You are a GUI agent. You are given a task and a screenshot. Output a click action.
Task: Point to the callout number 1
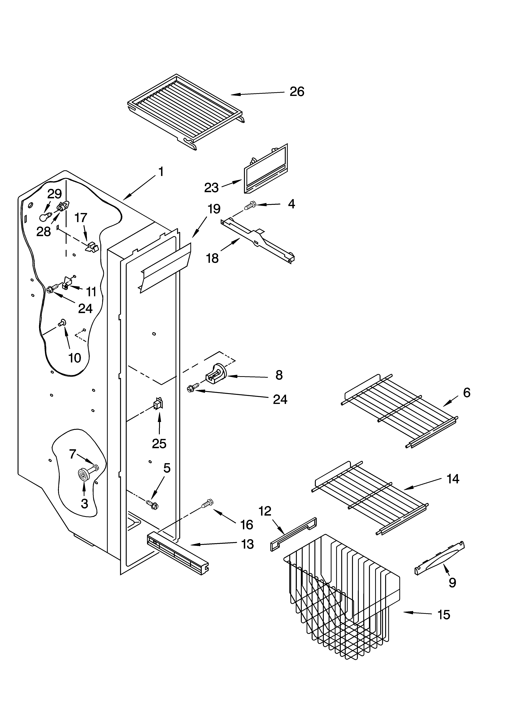click(x=161, y=172)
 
